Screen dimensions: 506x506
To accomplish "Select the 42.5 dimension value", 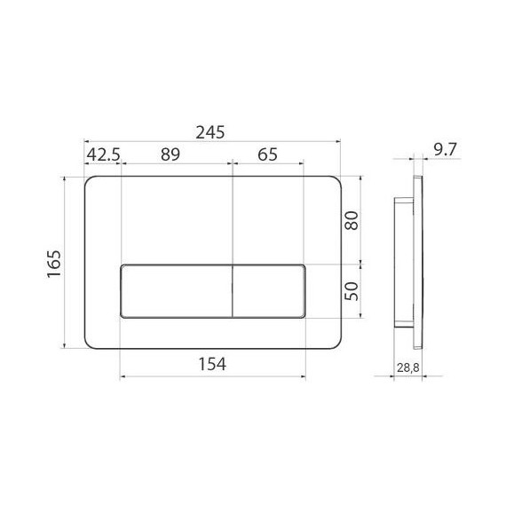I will [103, 154].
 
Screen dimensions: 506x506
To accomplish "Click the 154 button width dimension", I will [212, 364].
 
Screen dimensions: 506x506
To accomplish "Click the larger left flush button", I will [175, 291].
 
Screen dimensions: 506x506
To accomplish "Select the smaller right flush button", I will [268, 291].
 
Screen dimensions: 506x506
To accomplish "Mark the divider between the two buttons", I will [232, 291].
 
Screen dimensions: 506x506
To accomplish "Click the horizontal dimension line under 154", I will [212, 376].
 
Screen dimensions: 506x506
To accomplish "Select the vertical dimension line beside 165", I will [68, 264].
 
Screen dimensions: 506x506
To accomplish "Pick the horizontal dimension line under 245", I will [212, 141].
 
